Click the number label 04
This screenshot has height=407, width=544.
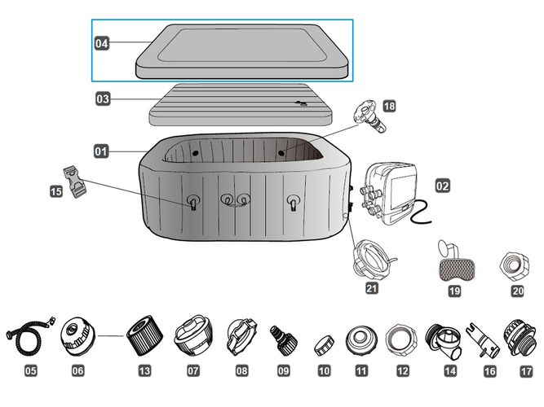[102, 45]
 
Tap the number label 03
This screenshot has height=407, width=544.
[102, 99]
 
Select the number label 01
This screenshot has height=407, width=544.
[101, 151]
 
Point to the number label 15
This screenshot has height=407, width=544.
[55, 191]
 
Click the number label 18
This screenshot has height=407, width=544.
[388, 106]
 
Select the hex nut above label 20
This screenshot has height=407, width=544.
[518, 265]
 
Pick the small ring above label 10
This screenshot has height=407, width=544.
[324, 342]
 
